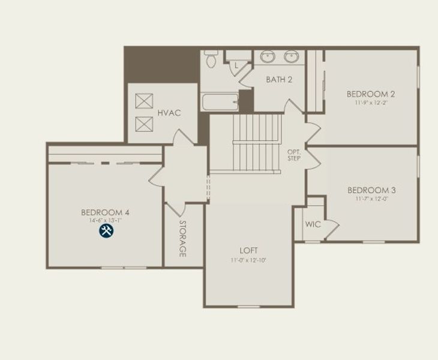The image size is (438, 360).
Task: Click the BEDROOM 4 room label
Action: (105, 212)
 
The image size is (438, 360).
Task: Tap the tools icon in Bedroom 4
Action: (106, 231)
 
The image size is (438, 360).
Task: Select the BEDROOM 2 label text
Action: (370, 94)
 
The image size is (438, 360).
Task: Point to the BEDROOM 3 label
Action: (371, 191)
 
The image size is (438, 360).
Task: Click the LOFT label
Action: (248, 251)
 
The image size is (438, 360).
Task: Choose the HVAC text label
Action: (169, 113)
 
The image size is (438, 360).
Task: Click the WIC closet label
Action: (313, 225)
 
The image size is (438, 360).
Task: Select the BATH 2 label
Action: (279, 79)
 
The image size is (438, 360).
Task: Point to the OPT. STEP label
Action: (294, 154)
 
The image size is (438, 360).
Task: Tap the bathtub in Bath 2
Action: (220, 101)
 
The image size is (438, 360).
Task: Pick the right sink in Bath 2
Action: (292, 57)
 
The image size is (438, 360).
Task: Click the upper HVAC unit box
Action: (144, 101)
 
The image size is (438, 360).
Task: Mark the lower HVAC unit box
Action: (144, 124)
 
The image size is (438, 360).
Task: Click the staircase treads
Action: (257, 143)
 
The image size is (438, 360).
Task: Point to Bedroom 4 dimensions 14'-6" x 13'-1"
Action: (105, 220)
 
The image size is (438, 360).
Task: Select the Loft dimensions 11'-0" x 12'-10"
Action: (248, 260)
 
